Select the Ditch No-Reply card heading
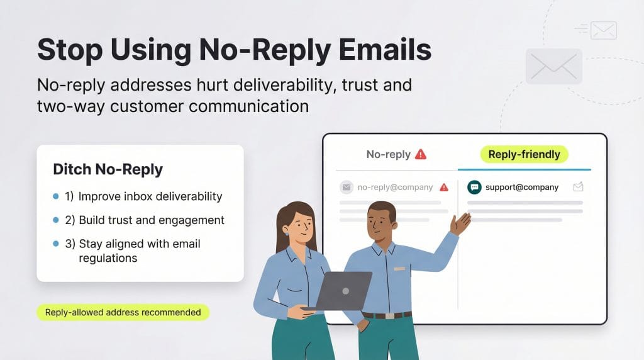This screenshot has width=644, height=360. [108, 169]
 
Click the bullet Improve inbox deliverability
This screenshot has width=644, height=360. [150, 196]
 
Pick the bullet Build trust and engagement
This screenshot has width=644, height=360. [151, 220]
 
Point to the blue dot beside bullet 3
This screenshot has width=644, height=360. [56, 244]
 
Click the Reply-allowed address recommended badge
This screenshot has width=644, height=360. [123, 312]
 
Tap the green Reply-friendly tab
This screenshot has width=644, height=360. [524, 154]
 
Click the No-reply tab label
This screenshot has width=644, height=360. [388, 154]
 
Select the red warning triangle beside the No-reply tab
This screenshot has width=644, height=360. [421, 154]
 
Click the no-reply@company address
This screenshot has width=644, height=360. [395, 187]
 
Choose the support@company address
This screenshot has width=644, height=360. [522, 187]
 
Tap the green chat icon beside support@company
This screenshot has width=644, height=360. [474, 187]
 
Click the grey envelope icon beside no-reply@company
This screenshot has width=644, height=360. [346, 187]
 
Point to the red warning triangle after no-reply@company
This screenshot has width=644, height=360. [444, 187]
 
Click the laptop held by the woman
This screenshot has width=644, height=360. [343, 291]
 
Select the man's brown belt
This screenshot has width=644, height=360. [387, 315]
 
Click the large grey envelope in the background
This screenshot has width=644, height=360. [553, 66]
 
